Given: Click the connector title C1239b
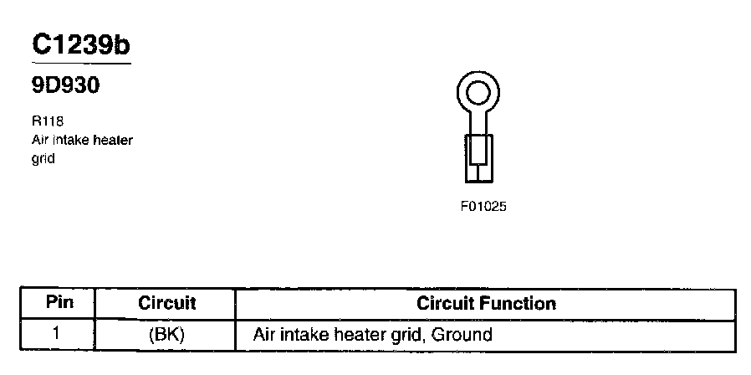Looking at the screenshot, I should [x=80, y=45].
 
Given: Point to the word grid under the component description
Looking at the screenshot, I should [x=43, y=158].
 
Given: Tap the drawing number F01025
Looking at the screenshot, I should [x=483, y=206].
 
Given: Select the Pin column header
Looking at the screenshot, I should [x=59, y=303].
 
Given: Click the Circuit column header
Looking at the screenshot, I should [x=166, y=303].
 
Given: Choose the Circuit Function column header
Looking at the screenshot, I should [x=486, y=303].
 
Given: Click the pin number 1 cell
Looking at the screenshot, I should [x=57, y=334].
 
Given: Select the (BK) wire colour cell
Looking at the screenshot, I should [x=166, y=335].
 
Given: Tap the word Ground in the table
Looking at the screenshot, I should [x=462, y=335].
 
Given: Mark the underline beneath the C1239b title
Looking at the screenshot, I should [x=80, y=63].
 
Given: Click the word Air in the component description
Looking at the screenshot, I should [x=39, y=140].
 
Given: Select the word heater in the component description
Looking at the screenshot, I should [x=113, y=140].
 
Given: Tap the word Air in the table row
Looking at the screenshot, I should [x=265, y=335].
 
